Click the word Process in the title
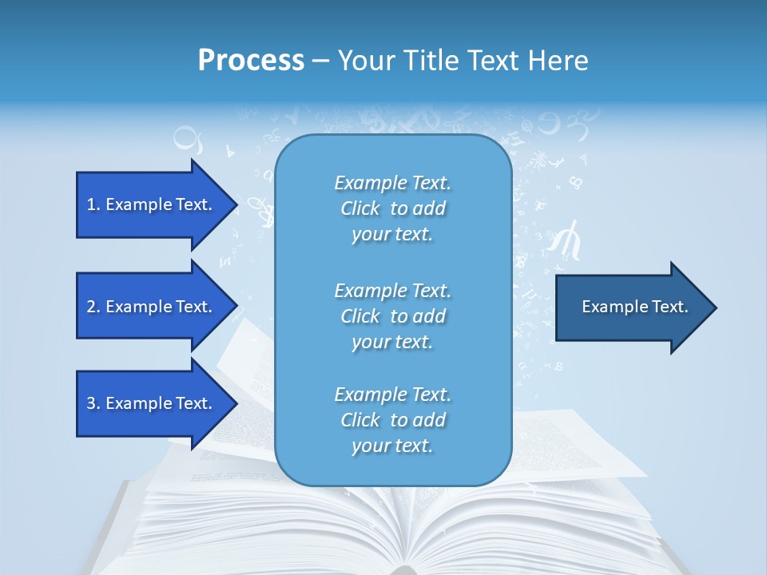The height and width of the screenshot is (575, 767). pyautogui.click(x=251, y=61)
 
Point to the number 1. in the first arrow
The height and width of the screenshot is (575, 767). pyautogui.click(x=93, y=204)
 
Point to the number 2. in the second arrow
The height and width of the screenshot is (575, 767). pyautogui.click(x=93, y=307)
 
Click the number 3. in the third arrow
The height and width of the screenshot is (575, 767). pyautogui.click(x=93, y=403)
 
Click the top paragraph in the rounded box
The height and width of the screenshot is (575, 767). pyautogui.click(x=392, y=208)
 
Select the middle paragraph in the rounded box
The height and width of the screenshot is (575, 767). pyautogui.click(x=392, y=316)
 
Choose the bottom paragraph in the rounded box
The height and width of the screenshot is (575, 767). pyautogui.click(x=392, y=420)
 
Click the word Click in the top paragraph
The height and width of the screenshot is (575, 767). pyautogui.click(x=360, y=209)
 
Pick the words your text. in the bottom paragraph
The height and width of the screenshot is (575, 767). pyautogui.click(x=392, y=446)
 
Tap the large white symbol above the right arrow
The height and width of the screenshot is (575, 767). pyautogui.click(x=568, y=240)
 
